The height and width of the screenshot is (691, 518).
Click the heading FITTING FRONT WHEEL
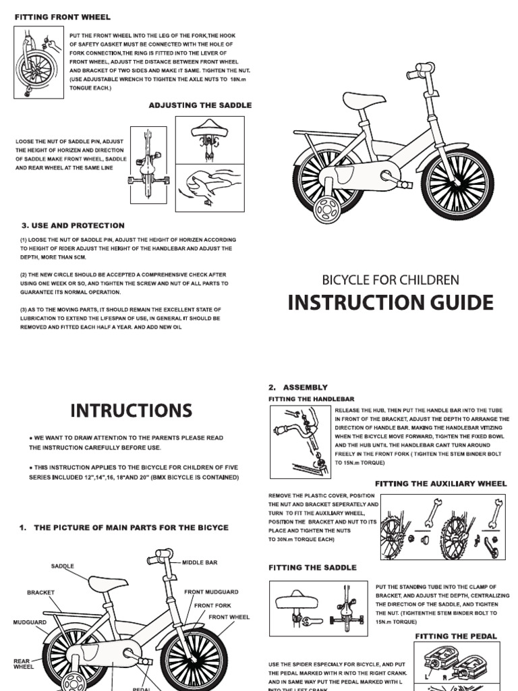pyautogui.click(x=62, y=16)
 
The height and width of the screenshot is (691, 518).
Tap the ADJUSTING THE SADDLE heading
pyautogui.click(x=200, y=105)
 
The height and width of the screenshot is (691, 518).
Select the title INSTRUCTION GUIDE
pyautogui.click(x=391, y=302)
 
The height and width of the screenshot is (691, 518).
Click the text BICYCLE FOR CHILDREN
pyautogui.click(x=391, y=279)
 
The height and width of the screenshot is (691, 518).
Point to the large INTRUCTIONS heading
pyautogui.click(x=131, y=410)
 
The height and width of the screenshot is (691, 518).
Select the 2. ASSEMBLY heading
pyautogui.click(x=297, y=387)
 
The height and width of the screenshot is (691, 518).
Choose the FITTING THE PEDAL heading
pyautogui.click(x=455, y=636)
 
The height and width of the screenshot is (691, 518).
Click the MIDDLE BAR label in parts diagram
pyautogui.click(x=200, y=561)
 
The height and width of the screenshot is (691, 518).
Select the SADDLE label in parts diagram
pyautogui.click(x=62, y=565)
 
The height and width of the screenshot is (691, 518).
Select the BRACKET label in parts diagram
pyautogui.click(x=40, y=592)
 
